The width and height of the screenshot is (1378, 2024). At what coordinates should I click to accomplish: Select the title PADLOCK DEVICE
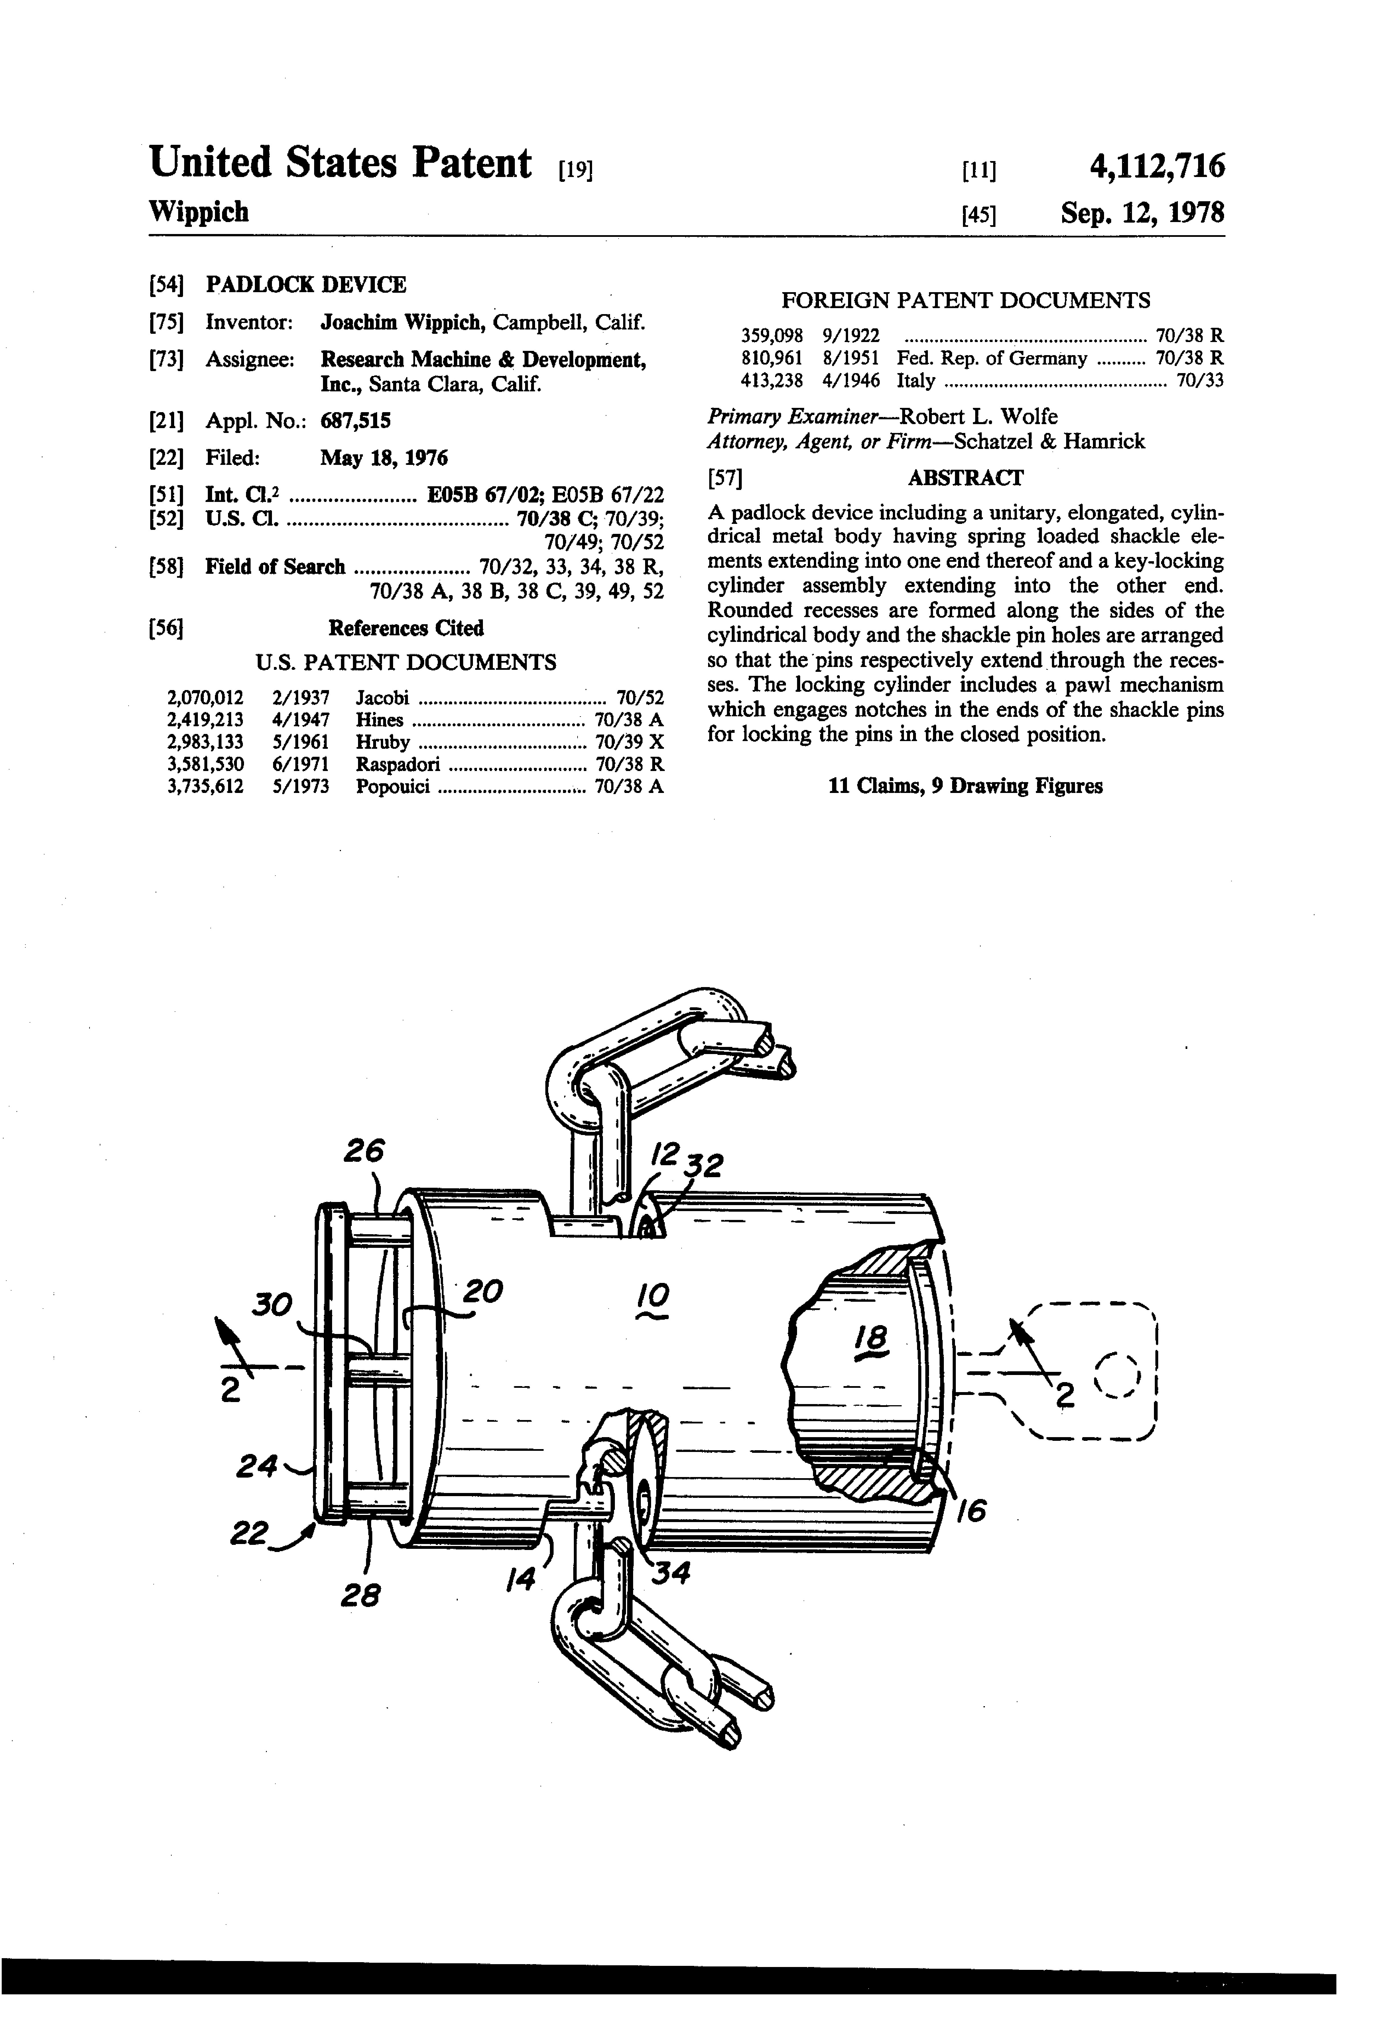click(x=306, y=285)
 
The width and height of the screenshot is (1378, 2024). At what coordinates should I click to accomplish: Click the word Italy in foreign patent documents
click(x=915, y=381)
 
